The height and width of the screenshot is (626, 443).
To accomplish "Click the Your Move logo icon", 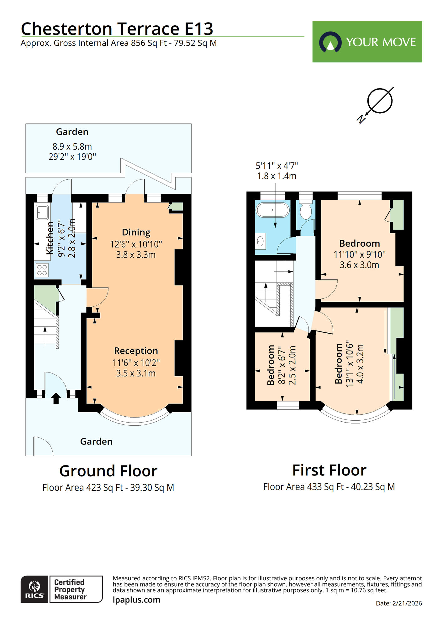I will click(330, 42).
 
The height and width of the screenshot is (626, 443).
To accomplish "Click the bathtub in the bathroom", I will click(272, 210).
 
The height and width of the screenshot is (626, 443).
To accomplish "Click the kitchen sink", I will click(42, 212).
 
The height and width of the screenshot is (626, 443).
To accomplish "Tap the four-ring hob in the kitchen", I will click(42, 270).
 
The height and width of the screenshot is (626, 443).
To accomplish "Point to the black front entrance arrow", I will click(56, 398).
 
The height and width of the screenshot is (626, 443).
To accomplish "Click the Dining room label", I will click(136, 232).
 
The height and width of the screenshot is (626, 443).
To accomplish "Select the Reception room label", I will click(136, 351).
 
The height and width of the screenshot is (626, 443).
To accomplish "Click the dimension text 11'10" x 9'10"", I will click(359, 254).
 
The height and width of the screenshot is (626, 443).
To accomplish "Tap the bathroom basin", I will click(260, 241).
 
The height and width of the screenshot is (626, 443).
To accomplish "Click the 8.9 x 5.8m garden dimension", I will click(72, 146).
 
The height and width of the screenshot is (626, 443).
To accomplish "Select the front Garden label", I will click(96, 442).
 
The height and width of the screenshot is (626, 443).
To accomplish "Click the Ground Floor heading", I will click(108, 471).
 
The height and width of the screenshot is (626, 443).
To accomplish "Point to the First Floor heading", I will click(329, 470).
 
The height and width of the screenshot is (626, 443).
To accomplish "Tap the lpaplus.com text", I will click(136, 600).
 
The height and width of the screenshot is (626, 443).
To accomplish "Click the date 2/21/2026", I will click(407, 603).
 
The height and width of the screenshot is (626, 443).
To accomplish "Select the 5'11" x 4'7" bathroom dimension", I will click(277, 166).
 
